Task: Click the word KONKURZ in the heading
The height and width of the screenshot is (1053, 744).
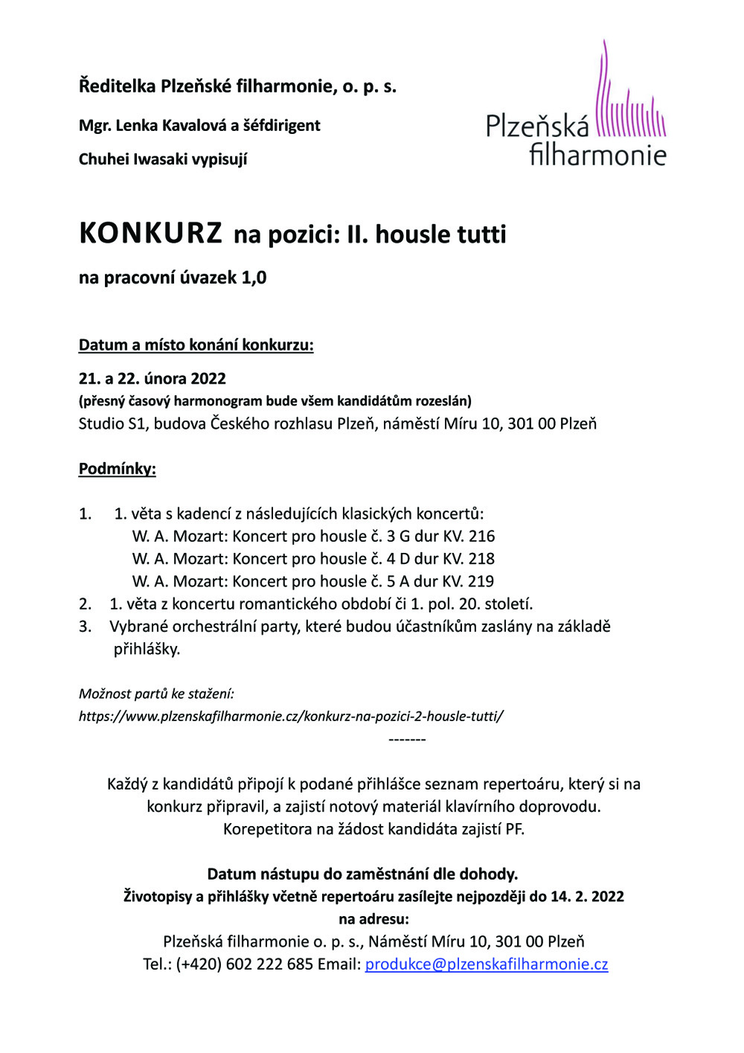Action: click(150, 234)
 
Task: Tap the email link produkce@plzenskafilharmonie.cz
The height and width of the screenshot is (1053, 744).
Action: click(486, 964)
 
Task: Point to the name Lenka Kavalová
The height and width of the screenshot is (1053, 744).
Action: click(172, 126)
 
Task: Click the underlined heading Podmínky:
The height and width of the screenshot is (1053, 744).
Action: click(118, 469)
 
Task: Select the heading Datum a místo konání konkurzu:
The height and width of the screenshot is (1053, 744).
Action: click(196, 345)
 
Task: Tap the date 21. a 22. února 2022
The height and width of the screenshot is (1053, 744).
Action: click(153, 379)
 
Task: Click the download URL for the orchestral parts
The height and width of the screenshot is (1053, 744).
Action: click(291, 717)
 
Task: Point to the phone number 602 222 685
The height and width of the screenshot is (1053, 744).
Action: click(269, 964)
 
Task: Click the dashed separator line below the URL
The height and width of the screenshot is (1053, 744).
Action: click(407, 740)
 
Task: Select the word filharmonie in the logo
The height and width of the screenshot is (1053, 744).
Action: click(597, 155)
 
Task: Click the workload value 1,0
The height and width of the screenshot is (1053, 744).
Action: click(254, 278)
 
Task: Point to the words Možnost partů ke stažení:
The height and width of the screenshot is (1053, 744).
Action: click(156, 694)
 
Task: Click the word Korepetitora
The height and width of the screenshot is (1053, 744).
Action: click(268, 829)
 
